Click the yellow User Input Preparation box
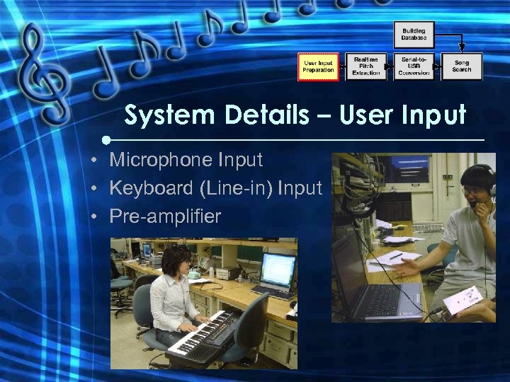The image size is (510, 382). click(x=318, y=66)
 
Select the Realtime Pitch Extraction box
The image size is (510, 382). click(x=365, y=66)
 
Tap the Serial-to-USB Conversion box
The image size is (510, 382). click(x=414, y=66)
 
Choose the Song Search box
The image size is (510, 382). click(x=462, y=66)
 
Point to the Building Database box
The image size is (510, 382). click(x=414, y=34)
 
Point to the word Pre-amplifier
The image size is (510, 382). click(x=165, y=216)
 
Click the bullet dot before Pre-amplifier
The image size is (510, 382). click(x=93, y=216)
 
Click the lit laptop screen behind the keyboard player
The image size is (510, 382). click(x=278, y=269)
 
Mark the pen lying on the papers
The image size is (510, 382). click(x=395, y=256)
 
